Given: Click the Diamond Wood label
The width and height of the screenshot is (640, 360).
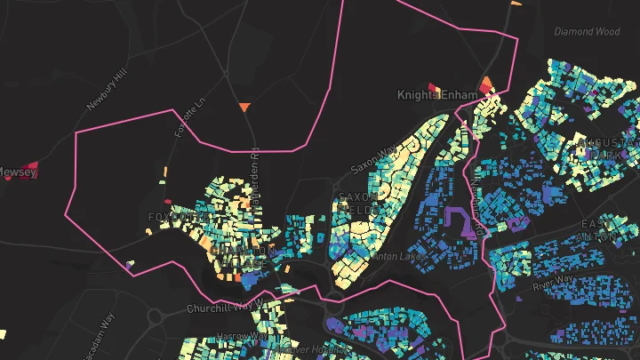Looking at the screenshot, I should pyautogui.click(x=587, y=31).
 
